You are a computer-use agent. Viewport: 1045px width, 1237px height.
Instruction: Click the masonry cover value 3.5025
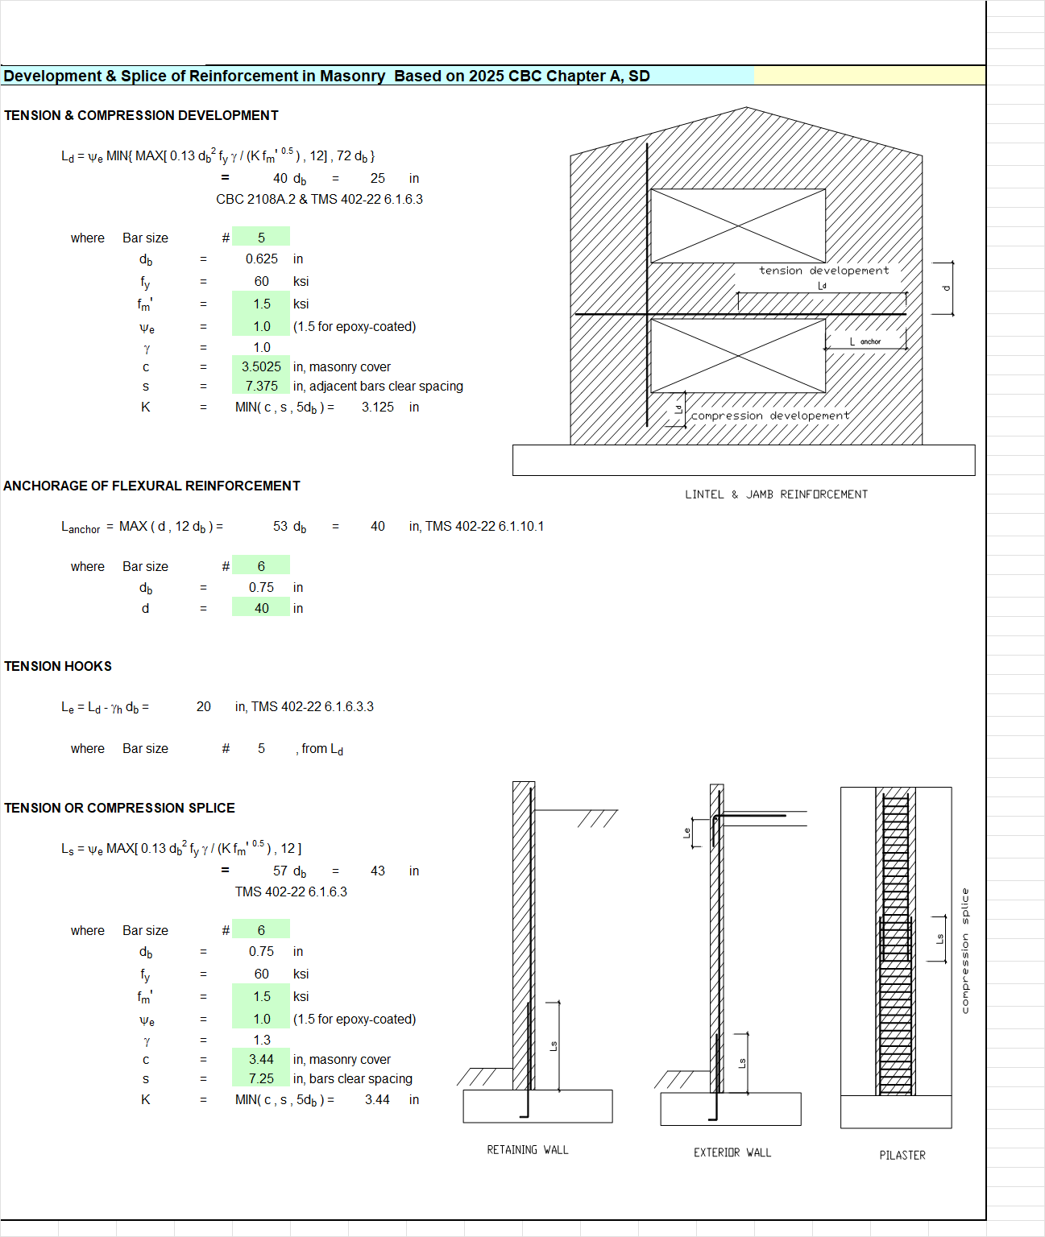[x=261, y=366]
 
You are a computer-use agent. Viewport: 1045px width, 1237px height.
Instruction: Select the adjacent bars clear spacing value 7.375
[x=261, y=387]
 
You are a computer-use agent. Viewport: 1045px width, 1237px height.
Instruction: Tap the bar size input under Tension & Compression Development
[x=261, y=238]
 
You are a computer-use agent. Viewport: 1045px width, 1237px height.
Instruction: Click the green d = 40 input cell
[x=261, y=608]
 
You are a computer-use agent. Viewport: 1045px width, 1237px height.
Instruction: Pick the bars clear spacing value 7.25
[x=261, y=1079]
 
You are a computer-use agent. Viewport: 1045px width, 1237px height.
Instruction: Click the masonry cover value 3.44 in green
[x=261, y=1059]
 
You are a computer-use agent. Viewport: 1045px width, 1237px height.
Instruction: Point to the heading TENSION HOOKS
[x=58, y=667]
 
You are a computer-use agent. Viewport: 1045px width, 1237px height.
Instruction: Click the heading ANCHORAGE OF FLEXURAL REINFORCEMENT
[x=151, y=486]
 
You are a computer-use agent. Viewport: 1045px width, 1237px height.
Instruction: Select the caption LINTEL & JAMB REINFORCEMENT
[x=777, y=494]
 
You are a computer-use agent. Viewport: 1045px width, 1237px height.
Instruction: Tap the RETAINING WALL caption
[x=528, y=1150]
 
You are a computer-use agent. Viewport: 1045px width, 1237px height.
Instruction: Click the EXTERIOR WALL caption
[x=732, y=1153]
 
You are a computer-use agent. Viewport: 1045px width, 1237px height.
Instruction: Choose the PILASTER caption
[x=902, y=1155]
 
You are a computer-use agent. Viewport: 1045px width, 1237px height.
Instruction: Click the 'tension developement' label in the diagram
[x=824, y=271]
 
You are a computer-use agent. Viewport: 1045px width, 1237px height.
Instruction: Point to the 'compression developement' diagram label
[x=770, y=416]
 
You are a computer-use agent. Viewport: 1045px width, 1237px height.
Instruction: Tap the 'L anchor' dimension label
[x=865, y=341]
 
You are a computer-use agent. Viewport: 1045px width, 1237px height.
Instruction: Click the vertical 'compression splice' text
[x=965, y=951]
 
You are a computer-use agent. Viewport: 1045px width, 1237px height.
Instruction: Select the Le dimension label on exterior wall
[x=686, y=833]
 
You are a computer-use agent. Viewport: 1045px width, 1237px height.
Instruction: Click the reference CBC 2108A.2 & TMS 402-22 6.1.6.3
[x=320, y=199]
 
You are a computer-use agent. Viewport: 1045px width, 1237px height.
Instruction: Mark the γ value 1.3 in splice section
[x=261, y=1040]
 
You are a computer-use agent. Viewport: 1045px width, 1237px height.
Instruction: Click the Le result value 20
[x=203, y=707]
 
